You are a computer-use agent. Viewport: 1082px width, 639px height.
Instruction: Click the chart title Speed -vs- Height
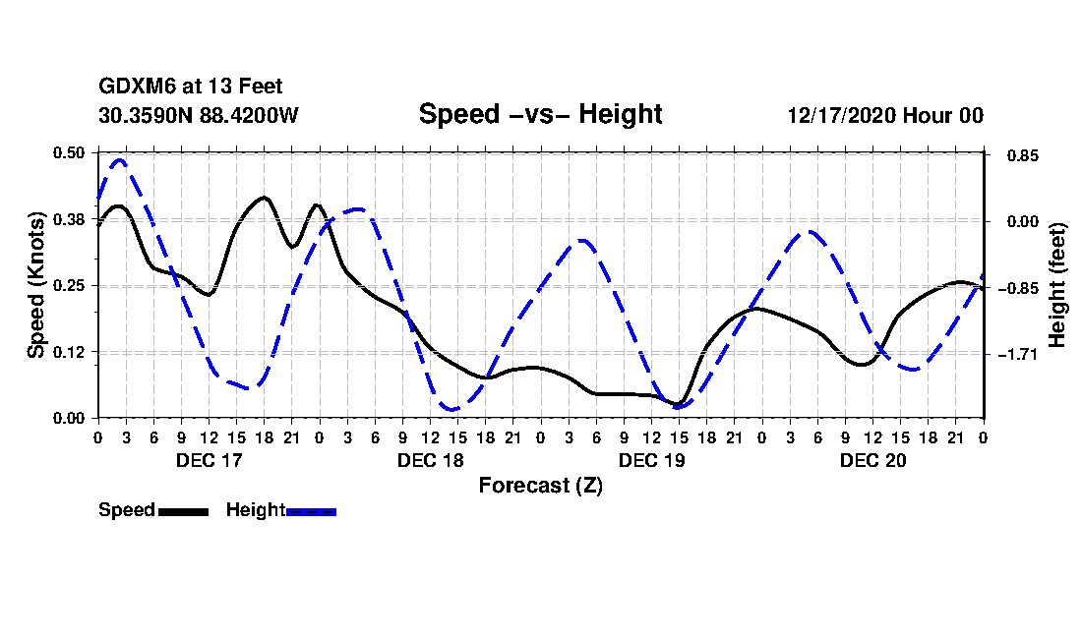click(x=540, y=114)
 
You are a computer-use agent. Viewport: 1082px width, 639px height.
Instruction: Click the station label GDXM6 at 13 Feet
click(x=191, y=87)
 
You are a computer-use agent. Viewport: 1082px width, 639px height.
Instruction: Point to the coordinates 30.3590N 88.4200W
click(x=198, y=115)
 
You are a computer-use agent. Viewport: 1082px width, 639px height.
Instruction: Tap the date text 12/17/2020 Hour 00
click(x=884, y=115)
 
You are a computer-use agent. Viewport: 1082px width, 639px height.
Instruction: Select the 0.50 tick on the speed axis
click(x=69, y=152)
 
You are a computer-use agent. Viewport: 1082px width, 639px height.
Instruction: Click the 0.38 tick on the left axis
click(x=69, y=219)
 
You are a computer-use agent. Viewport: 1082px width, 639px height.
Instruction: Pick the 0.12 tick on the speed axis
click(x=69, y=352)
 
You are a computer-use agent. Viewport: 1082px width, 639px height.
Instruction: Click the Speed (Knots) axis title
click(x=36, y=285)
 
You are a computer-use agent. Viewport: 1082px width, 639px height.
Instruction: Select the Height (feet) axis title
click(x=1058, y=285)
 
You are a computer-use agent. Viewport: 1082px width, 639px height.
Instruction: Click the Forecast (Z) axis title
click(x=540, y=486)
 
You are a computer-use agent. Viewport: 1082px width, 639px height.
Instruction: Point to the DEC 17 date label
click(x=209, y=459)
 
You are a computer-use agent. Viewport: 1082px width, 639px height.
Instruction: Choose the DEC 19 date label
click(x=651, y=459)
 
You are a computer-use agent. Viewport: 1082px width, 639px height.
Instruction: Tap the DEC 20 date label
click(x=872, y=459)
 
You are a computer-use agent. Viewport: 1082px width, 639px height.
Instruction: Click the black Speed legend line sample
click(x=183, y=511)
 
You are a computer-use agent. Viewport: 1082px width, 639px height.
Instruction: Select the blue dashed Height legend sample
click(x=311, y=511)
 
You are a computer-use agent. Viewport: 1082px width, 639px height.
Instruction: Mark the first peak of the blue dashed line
click(x=120, y=159)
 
